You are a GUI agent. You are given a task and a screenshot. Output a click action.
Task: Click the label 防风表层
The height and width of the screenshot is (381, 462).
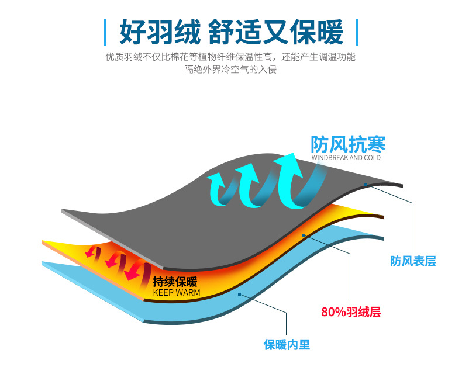coord(413,261)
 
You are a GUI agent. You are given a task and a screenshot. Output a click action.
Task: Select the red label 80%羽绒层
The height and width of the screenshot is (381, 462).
coord(351,312)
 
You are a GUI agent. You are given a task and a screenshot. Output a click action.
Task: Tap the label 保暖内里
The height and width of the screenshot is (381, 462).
coord(287,345)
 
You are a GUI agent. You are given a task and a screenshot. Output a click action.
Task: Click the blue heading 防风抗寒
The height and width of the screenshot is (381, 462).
coord(348,144)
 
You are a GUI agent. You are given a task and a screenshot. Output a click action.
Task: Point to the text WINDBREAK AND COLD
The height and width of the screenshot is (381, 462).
coord(346,158)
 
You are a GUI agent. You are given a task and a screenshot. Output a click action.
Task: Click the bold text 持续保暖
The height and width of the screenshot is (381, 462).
coord(175,281)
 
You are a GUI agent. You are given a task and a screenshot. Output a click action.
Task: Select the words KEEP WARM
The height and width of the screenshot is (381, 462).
coord(176,292)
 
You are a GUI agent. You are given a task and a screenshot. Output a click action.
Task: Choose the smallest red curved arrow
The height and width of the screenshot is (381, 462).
coord(91,252)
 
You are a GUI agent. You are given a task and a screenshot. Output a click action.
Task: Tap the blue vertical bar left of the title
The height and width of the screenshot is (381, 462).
coord(106,32)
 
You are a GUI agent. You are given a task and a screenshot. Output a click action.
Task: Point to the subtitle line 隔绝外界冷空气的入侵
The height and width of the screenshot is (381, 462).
coord(230,70)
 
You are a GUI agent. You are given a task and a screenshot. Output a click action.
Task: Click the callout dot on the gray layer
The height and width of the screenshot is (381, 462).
coord(365,185)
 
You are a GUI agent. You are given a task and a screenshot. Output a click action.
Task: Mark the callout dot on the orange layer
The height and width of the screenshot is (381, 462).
coord(304,235)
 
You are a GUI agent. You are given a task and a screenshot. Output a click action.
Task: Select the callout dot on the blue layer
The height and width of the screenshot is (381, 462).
coord(240,294)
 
